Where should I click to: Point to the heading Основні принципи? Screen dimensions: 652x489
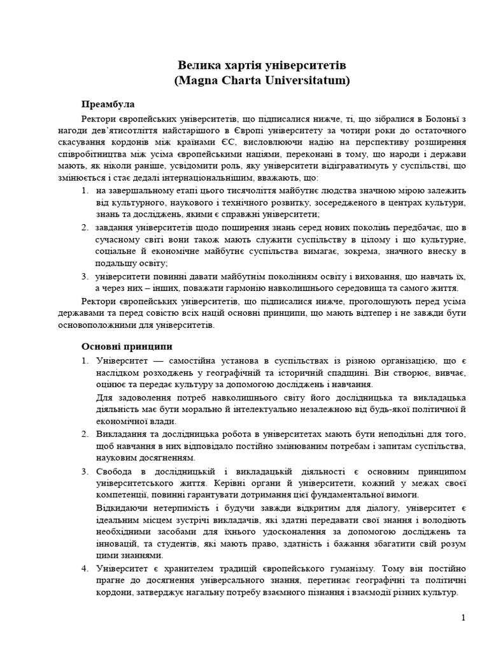click(x=127, y=346)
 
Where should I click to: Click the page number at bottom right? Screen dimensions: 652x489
click(x=464, y=618)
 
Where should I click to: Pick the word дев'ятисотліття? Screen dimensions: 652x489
click(x=133, y=131)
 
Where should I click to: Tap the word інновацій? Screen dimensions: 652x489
click(x=117, y=543)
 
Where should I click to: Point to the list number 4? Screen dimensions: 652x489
click(x=85, y=567)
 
